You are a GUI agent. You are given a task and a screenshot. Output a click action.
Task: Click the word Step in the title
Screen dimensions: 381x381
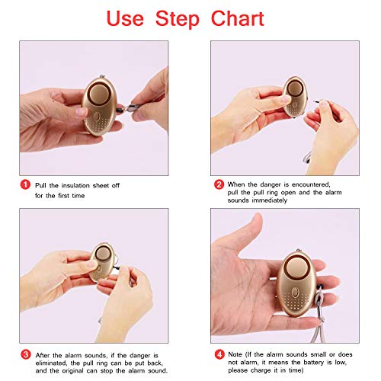(178, 20)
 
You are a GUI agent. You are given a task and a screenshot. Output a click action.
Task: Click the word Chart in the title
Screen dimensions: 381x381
(238, 18)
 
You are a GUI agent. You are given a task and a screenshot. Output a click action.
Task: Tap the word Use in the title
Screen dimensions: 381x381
(125, 18)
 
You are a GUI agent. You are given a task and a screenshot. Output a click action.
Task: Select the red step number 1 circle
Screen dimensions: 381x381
(25, 184)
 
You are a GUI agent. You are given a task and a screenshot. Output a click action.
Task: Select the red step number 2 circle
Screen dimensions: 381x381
(219, 184)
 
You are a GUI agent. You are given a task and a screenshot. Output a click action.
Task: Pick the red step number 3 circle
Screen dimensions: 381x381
(26, 354)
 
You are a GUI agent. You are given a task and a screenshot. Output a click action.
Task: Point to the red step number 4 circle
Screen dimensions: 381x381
(219, 354)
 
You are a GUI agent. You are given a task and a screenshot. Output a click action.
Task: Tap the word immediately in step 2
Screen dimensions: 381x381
(270, 200)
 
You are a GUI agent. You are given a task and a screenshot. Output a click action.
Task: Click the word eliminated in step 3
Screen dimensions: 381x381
(51, 363)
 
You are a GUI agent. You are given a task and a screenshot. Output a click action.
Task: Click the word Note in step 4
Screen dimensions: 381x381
(235, 354)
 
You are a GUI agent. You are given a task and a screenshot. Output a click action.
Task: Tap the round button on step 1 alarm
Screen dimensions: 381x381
(100, 94)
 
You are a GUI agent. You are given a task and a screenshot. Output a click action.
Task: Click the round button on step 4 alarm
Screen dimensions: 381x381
(296, 267)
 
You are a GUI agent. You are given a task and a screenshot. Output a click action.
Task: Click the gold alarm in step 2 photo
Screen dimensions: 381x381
(295, 97)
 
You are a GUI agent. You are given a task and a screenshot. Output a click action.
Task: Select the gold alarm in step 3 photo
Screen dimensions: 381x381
(103, 261)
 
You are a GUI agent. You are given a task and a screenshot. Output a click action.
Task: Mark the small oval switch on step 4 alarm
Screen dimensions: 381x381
(295, 293)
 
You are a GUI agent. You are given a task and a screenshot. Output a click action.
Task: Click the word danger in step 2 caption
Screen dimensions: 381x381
(271, 184)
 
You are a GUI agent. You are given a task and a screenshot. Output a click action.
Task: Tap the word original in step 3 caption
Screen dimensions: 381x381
(73, 371)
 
